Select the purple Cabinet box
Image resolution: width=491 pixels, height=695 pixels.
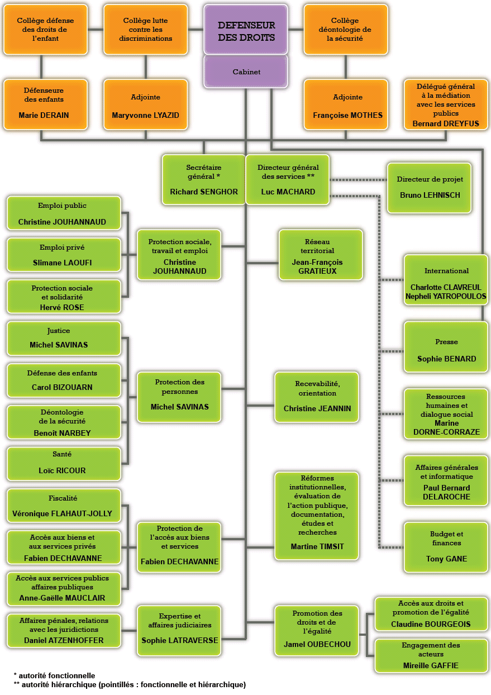pos(246,72)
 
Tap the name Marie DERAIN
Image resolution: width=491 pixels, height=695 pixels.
pos(44,116)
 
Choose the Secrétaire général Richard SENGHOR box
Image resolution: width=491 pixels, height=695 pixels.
pos(203,179)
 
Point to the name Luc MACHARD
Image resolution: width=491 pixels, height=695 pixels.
pos(288,192)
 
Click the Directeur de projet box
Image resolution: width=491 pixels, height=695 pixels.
pos(429,188)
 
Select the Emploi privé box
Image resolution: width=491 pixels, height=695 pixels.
pos(64,254)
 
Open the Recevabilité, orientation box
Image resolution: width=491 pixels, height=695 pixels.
pos(317,397)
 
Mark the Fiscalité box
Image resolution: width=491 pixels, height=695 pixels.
pos(64,506)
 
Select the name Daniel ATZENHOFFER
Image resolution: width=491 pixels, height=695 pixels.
pos(64,640)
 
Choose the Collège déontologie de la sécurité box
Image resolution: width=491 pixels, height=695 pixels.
pos(345,30)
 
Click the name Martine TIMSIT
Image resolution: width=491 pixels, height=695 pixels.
pos(316,546)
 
